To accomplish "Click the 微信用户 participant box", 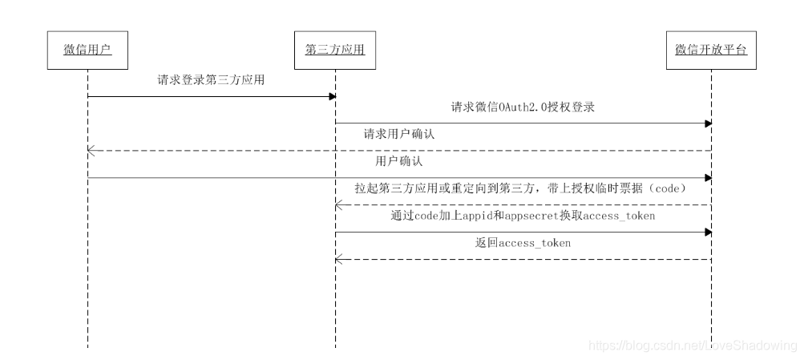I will point(87,51).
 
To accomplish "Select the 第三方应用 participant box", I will point(335,51).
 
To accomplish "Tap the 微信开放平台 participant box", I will point(710,51).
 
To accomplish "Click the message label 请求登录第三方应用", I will point(211,80).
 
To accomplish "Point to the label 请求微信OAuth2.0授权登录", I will point(522,107).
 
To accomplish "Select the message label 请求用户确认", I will point(396,134).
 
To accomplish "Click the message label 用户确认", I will point(399,161).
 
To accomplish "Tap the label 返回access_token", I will point(523,243).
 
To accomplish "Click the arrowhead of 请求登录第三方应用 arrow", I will point(331,96).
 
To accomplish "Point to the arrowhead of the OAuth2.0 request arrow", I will point(707,123).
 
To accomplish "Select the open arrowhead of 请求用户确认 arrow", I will point(91,151).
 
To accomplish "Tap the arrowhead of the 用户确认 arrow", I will point(707,178).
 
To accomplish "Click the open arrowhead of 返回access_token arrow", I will point(339,259).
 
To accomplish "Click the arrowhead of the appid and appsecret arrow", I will point(707,233).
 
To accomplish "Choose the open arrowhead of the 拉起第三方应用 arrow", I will point(339,205).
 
